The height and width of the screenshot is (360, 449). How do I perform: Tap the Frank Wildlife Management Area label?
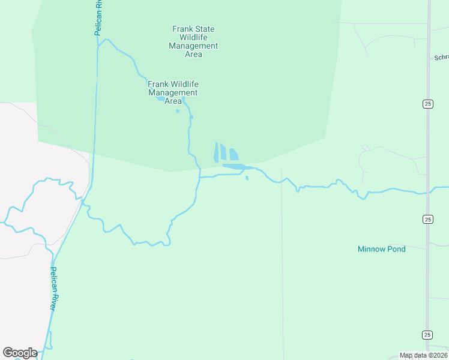pyautogui.click(x=173, y=92)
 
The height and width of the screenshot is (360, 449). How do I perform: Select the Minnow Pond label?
pyautogui.click(x=382, y=249)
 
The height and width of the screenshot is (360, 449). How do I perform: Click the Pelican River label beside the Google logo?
pyautogui.click(x=53, y=289)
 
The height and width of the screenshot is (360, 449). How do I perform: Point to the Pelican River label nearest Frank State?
pyautogui.click(x=98, y=18)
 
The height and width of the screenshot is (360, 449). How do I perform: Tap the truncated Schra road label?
pyautogui.click(x=441, y=58)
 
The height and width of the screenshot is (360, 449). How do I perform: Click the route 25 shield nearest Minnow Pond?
pyautogui.click(x=427, y=219)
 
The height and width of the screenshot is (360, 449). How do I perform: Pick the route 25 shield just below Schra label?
pyautogui.click(x=427, y=104)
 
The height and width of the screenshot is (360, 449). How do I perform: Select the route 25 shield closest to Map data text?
pyautogui.click(x=427, y=335)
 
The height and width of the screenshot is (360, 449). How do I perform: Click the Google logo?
pyautogui.click(x=20, y=353)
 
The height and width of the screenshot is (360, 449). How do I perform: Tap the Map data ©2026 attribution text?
pyautogui.click(x=424, y=356)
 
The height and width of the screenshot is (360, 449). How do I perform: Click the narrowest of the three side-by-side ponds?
pyautogui.click(x=216, y=152)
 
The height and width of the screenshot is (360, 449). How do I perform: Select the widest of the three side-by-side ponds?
pyautogui.click(x=234, y=155)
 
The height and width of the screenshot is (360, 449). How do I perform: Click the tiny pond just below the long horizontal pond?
pyautogui.click(x=247, y=178)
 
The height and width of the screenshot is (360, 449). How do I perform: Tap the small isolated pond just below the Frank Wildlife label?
pyautogui.click(x=178, y=111)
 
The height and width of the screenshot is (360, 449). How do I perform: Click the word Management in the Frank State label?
pyautogui.click(x=193, y=46)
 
